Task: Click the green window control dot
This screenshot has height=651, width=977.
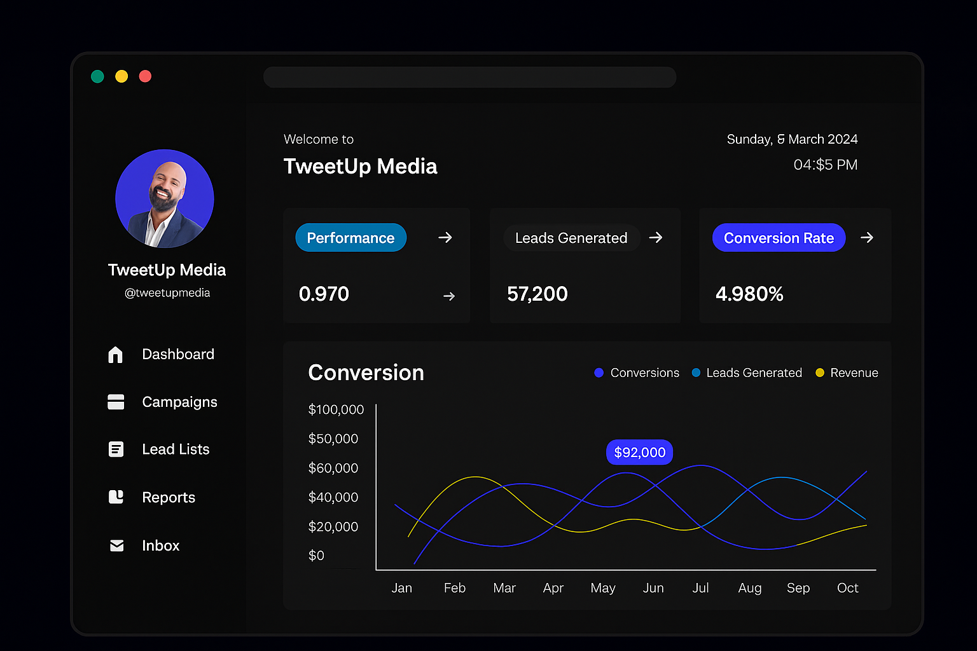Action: (97, 76)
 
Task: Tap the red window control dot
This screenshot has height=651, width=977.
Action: (145, 76)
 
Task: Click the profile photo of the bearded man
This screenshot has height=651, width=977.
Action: (165, 198)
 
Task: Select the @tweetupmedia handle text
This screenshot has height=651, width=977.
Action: (167, 293)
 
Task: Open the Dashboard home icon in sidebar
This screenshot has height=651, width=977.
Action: (115, 355)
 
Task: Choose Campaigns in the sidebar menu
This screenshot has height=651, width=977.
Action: (179, 402)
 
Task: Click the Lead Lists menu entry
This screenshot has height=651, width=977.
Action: (176, 449)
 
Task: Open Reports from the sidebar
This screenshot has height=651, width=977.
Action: (168, 497)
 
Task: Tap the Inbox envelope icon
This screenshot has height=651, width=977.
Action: (116, 545)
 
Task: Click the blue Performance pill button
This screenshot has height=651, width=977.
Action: (350, 238)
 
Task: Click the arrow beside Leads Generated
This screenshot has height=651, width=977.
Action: (656, 238)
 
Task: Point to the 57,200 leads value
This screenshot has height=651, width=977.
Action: (537, 294)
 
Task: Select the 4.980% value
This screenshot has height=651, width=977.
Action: (749, 294)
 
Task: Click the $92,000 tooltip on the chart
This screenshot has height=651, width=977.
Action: (639, 453)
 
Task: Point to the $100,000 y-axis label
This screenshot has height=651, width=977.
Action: (336, 409)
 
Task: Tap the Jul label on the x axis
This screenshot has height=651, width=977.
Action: (700, 588)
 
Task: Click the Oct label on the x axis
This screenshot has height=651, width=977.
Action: (847, 588)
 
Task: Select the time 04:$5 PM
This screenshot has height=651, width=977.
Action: (825, 165)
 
